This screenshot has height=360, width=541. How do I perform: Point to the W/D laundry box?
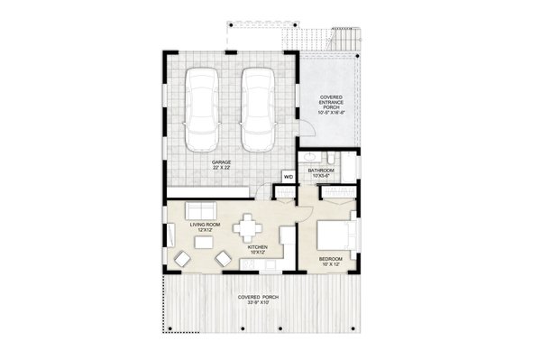pos(289,177)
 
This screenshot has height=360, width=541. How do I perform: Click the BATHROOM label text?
pos(321,169)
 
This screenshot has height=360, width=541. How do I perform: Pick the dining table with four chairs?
pos(248,226)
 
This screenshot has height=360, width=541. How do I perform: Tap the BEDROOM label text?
pos(331,259)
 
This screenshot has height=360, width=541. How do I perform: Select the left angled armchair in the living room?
pos(184,260)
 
